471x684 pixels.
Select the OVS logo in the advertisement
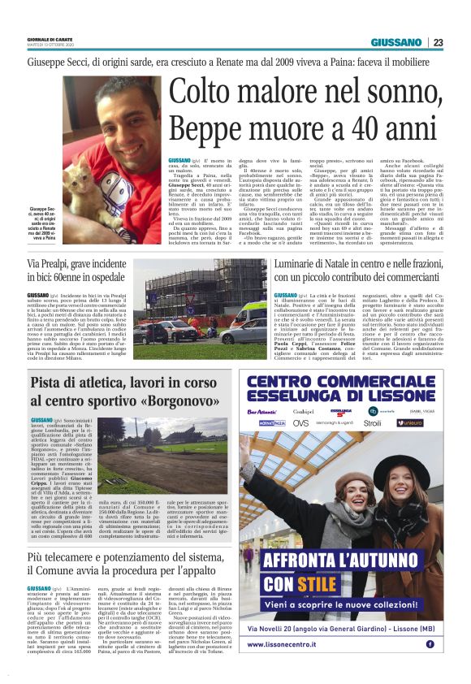300,422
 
